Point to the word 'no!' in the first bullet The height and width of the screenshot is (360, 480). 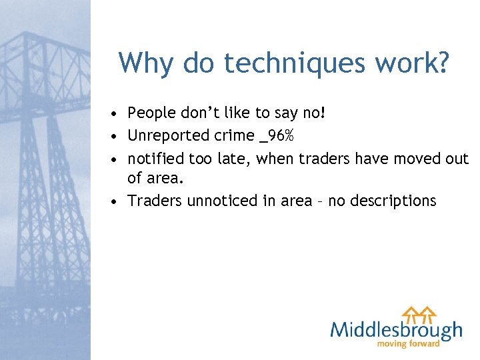click(x=314, y=113)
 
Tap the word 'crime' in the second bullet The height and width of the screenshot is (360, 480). click(x=230, y=136)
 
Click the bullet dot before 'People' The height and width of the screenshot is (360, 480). click(x=116, y=114)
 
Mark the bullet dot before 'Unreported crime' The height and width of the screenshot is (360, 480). click(x=116, y=137)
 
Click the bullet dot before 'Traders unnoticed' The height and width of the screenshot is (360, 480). click(x=116, y=201)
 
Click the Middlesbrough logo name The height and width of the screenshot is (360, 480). click(x=396, y=329)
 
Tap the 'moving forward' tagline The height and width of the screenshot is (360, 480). click(x=409, y=344)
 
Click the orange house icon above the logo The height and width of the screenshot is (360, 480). click(x=419, y=312)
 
